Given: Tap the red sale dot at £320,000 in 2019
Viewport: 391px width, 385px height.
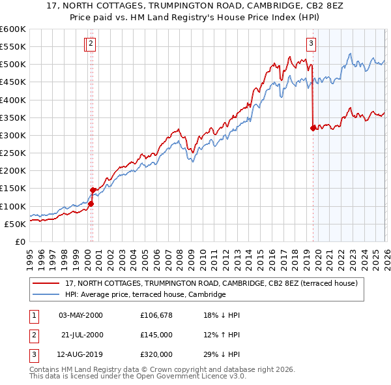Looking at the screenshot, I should [313, 128].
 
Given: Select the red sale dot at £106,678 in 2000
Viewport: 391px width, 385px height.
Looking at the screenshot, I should [91, 204].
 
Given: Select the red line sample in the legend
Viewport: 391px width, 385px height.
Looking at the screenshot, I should [46, 284].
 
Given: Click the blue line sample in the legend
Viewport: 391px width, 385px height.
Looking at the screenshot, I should [46, 295].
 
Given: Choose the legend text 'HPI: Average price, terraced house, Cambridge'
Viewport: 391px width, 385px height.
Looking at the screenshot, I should [145, 295].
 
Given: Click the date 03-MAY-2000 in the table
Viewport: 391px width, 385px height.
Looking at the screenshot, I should [81, 315].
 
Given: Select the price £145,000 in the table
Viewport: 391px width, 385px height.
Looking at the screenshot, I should [156, 335].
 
